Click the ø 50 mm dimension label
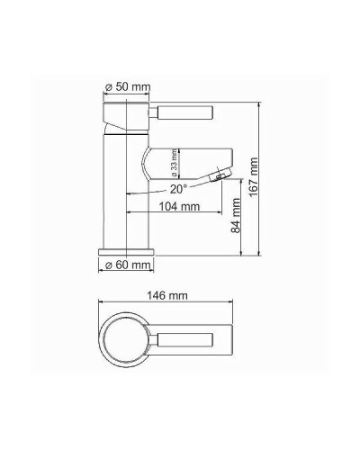pos(127,85)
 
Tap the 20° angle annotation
pos(178,189)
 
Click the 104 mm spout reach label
pos(178,205)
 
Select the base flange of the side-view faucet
pos(126,247)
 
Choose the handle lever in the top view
pos(187,341)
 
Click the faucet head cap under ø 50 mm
pos(126,115)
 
